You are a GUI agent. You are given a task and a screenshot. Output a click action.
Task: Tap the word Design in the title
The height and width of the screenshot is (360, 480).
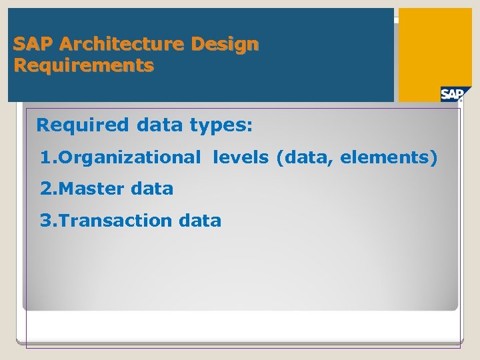[225, 45]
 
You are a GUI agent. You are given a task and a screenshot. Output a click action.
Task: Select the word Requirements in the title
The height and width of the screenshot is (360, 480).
[83, 66]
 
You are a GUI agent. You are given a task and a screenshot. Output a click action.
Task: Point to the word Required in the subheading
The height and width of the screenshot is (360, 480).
[83, 125]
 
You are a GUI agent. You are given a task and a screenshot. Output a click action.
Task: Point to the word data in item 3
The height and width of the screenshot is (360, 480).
[201, 221]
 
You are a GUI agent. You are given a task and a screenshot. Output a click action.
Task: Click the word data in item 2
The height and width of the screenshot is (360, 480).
[152, 189]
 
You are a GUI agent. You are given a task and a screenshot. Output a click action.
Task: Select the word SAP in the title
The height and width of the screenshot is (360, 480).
[33, 45]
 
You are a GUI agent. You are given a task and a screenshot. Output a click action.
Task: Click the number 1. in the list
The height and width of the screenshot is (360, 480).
[49, 159]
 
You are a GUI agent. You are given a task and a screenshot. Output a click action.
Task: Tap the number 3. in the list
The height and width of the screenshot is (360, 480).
[49, 221]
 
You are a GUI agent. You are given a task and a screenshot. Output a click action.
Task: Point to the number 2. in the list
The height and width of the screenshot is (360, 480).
[49, 189]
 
